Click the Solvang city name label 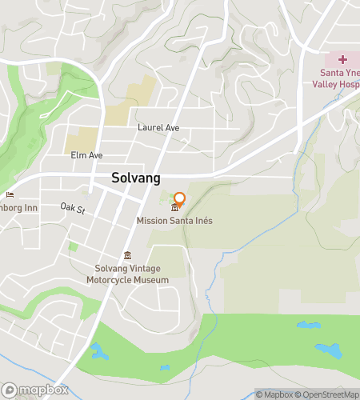pyautogui.click(x=136, y=178)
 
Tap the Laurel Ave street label pyautogui.click(x=158, y=127)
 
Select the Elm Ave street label pyautogui.click(x=87, y=154)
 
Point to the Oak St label pyautogui.click(x=72, y=208)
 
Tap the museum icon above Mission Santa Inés pyautogui.click(x=174, y=209)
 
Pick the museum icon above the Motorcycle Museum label pyautogui.click(x=127, y=256)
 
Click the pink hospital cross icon pyautogui.click(x=342, y=59)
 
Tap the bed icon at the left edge pyautogui.click(x=10, y=194)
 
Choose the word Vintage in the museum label pyautogui.click(x=142, y=269)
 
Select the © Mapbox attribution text pyautogui.click(x=274, y=394)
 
